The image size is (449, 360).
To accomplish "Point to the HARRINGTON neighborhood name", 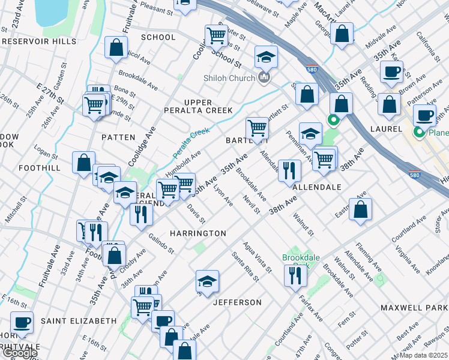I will pos(197,233).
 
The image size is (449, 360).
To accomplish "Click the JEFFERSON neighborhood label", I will pos(237,302).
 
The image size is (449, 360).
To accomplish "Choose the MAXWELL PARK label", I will pos(414,307).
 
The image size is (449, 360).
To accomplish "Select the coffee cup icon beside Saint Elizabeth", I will pos(22,322).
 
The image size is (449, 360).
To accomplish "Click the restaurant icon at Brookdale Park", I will pos(295,275).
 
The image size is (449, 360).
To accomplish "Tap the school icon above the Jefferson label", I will pos(206,281).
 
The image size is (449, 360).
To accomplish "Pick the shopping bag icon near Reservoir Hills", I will pos(116,47).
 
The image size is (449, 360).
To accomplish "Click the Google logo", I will pos(19,353).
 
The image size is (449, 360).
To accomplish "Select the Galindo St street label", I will pos(160,244).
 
